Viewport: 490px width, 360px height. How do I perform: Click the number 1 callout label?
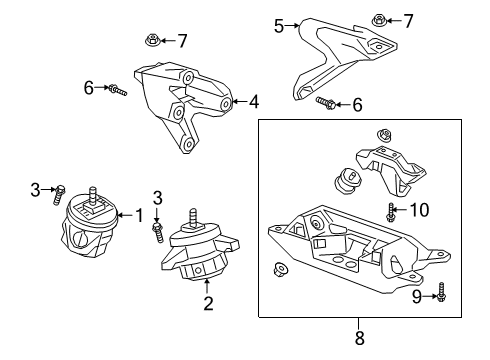[140, 214]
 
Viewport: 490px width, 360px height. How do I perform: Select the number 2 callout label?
[208, 303]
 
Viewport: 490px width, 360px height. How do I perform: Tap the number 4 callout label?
[254, 101]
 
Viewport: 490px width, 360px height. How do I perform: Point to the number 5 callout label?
[280, 27]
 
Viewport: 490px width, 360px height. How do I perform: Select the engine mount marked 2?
[200, 262]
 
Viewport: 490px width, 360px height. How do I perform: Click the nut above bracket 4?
[151, 41]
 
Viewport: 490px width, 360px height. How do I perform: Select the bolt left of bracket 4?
[117, 90]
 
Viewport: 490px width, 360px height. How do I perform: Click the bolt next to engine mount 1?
[60, 192]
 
